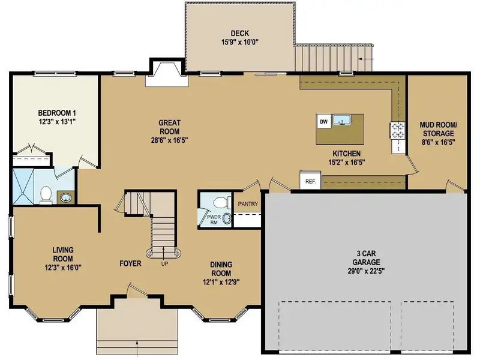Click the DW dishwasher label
pyautogui.click(x=323, y=122)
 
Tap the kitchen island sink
pyautogui.click(x=342, y=119)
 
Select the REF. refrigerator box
pyautogui.click(x=310, y=181)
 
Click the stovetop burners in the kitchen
pyautogui.click(x=398, y=130)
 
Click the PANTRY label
pyautogui.click(x=248, y=204)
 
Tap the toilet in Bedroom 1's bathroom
pyautogui.click(x=46, y=195)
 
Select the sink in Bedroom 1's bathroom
pyautogui.click(x=65, y=197)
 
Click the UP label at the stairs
pyautogui.click(x=164, y=263)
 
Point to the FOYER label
pyautogui.click(x=130, y=263)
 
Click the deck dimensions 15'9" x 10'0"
pyautogui.click(x=240, y=42)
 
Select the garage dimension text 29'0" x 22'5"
pyautogui.click(x=366, y=271)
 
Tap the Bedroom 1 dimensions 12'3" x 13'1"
pyautogui.click(x=57, y=122)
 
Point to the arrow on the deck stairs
pyautogui.click(x=366, y=58)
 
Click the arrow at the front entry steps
pyautogui.click(x=137, y=349)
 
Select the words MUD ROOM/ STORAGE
pyautogui.click(x=439, y=129)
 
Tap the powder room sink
pyautogui.click(x=227, y=218)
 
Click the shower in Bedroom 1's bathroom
pyautogui.click(x=23, y=187)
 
